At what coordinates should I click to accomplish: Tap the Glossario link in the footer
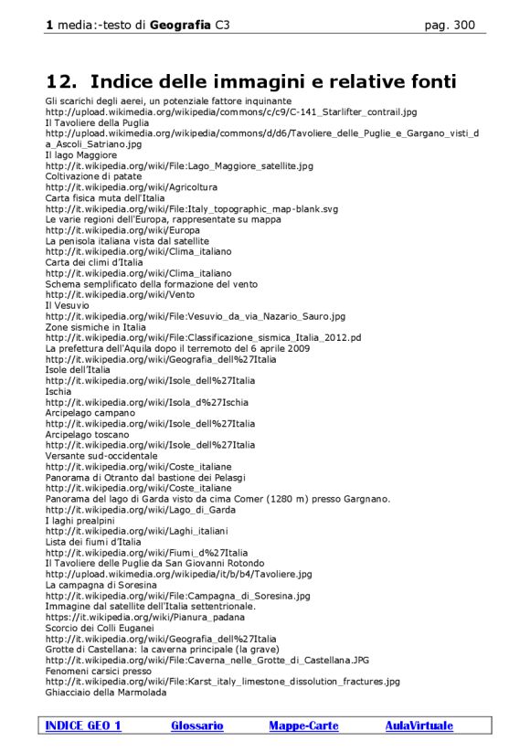click(x=196, y=726)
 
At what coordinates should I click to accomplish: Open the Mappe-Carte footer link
click(x=303, y=726)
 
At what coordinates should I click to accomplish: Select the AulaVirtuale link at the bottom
click(x=419, y=726)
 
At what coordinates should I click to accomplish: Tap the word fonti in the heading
click(x=422, y=81)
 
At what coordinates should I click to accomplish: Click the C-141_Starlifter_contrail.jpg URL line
click(x=231, y=111)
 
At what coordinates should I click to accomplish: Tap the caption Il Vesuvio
click(x=68, y=305)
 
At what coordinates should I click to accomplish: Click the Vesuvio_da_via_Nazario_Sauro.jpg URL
click(x=196, y=316)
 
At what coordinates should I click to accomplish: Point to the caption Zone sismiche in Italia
click(x=95, y=327)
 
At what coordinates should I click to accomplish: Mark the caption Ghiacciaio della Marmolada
click(x=106, y=692)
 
